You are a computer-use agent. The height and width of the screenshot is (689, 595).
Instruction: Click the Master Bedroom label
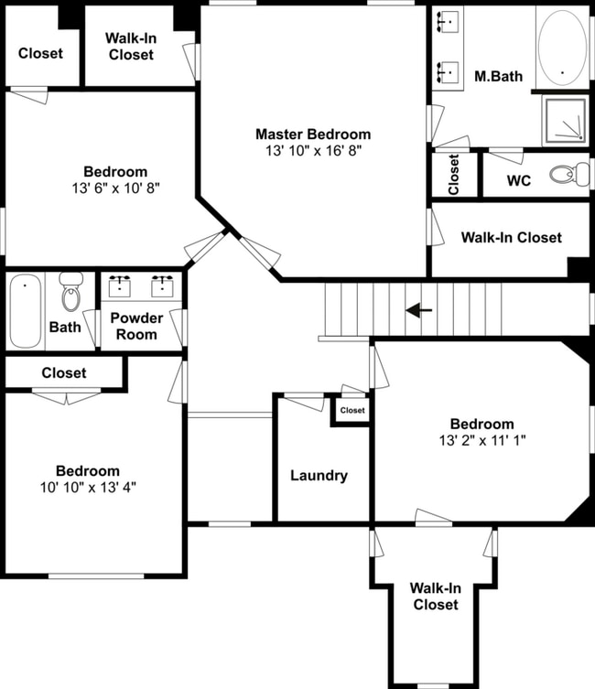coord(313,135)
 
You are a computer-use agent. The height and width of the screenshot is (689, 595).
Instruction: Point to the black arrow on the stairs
coord(419,311)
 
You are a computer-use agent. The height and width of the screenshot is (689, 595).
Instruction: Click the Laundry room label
coord(319,476)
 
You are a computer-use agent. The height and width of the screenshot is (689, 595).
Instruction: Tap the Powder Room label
coord(137,327)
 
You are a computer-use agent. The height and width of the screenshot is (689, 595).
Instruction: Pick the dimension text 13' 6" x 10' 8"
coord(115,188)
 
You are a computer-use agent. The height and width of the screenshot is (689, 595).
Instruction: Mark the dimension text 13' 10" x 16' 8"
coord(313,151)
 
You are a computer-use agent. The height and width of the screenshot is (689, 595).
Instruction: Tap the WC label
coord(519,180)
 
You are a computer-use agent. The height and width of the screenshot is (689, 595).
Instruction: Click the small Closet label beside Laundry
coord(352,411)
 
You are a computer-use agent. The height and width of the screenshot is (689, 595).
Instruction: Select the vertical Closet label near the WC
coord(454,174)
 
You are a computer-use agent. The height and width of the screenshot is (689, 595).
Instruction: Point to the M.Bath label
coord(498,76)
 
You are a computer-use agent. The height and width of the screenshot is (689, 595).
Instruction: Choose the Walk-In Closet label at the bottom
coord(435,597)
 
